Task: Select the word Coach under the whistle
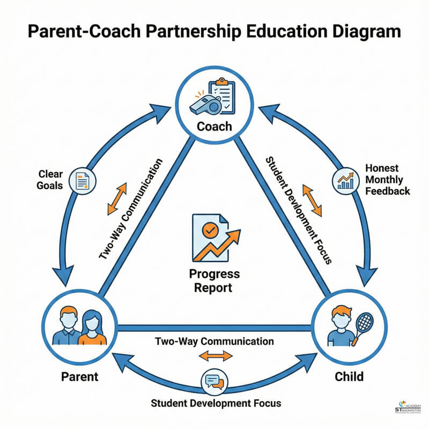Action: pos(214,127)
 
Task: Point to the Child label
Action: pos(349,376)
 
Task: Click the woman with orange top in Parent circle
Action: pos(91,328)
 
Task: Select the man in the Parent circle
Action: pos(68,327)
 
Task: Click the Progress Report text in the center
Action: pos(214,280)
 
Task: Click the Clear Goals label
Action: pos(51,180)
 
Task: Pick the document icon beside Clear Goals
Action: pos(83,181)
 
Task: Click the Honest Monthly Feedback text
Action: pos(387,179)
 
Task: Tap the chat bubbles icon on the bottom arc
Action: pos(213,382)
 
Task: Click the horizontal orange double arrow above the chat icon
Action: pos(216,356)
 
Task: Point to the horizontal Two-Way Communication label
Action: pos(214,341)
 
